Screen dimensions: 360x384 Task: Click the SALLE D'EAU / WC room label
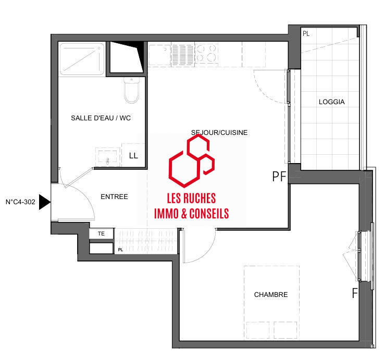(101, 118)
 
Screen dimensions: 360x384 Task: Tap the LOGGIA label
(331, 102)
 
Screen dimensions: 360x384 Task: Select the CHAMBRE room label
(270, 295)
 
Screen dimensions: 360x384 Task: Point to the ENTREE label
(114, 197)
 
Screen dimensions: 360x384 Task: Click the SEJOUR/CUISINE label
(219, 133)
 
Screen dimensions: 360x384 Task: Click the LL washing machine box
(133, 155)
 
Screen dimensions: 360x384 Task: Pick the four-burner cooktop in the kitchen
(208, 53)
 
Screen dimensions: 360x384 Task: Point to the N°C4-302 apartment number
(20, 202)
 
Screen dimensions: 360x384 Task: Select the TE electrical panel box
(102, 234)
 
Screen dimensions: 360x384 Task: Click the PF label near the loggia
(280, 177)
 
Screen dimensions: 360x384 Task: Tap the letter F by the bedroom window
(354, 293)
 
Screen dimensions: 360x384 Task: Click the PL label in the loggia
(305, 33)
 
